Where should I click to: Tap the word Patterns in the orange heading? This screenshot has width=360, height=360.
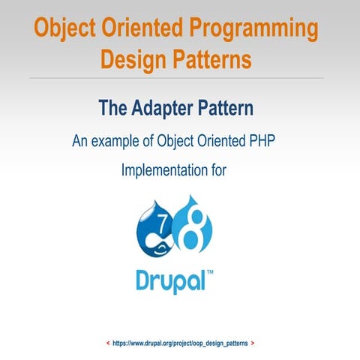click(x=214, y=57)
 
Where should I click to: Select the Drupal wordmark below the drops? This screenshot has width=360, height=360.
click(x=169, y=279)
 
